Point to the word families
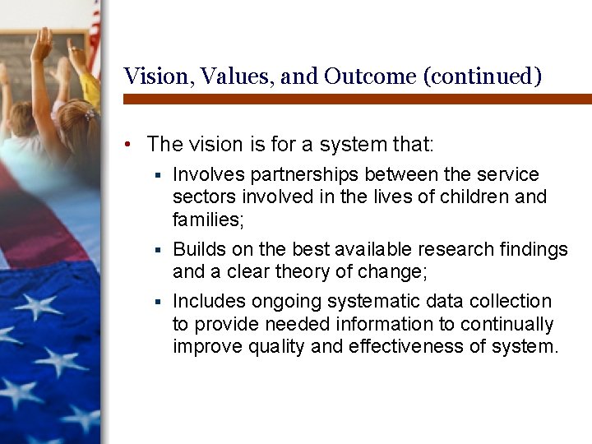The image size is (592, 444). pos(206,220)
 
